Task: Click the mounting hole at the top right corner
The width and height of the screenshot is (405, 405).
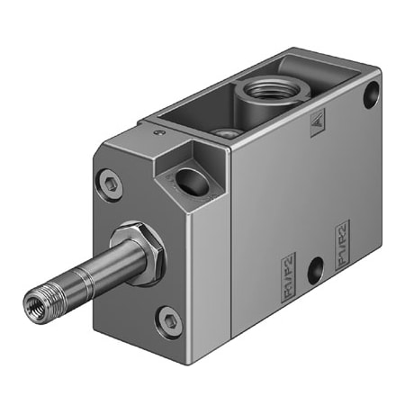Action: (x=371, y=94)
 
